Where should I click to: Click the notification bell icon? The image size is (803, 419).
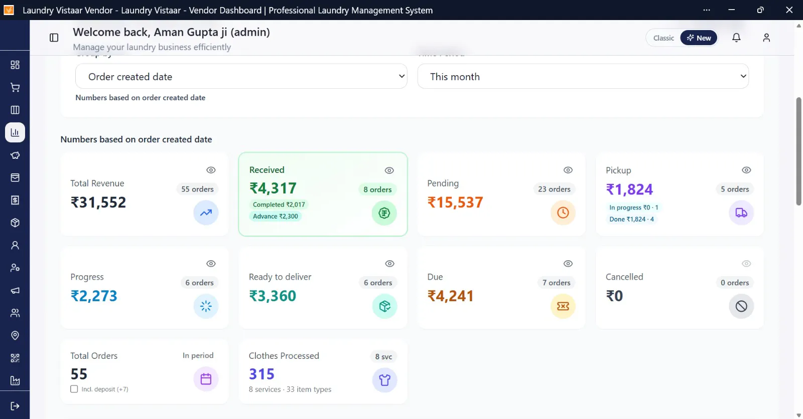coord(736,38)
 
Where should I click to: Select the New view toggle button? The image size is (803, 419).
coord(699,38)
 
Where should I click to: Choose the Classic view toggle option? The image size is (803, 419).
coord(663,38)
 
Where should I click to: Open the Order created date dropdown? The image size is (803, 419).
coord(241,76)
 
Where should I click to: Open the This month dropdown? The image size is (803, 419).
coord(583,76)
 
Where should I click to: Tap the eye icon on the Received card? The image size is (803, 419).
coord(389,170)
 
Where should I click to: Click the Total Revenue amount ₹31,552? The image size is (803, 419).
coord(98,202)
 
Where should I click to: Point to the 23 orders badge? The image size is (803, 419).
coord(554,189)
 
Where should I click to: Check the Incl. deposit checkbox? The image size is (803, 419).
coord(74,389)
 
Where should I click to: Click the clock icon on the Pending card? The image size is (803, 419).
coord(563,213)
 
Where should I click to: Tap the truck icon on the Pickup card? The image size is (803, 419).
coord(741,213)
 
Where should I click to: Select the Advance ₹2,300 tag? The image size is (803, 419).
coord(276,217)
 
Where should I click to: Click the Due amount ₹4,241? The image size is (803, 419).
coord(451,296)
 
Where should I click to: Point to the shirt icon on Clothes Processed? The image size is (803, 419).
coord(384,379)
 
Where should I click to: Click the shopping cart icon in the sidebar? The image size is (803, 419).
coord(15,87)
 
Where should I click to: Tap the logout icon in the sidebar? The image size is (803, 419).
coord(15,406)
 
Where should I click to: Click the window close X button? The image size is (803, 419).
coord(789,10)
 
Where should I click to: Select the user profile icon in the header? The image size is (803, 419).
coord(766,38)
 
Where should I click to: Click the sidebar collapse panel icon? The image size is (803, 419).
coord(54,38)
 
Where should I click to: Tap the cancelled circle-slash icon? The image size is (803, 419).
coord(741,306)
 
